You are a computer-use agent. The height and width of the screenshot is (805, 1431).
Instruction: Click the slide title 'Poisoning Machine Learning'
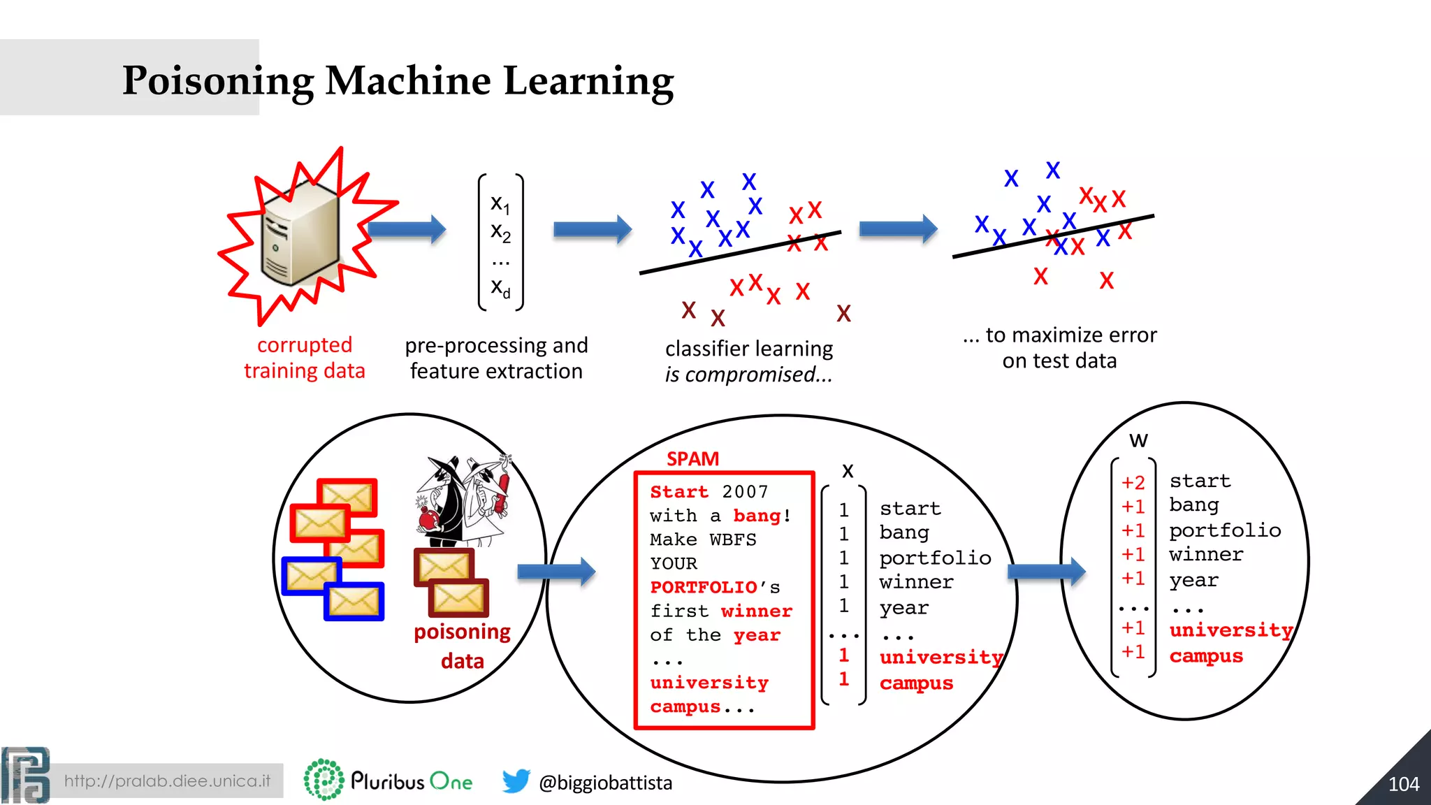[x=398, y=80]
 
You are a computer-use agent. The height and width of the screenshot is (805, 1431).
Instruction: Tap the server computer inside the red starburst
[x=300, y=234]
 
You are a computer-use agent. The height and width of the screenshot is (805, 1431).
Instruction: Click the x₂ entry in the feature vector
[x=500, y=232]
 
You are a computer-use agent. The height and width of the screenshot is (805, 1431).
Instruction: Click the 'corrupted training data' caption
[x=305, y=358]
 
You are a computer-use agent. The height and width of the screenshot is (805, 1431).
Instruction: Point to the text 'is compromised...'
[x=748, y=375]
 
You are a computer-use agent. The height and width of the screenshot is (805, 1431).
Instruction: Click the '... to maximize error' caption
[x=1060, y=335]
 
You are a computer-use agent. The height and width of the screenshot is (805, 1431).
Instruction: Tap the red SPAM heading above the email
[x=692, y=459]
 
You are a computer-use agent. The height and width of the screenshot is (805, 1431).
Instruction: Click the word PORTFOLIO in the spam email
[x=704, y=587]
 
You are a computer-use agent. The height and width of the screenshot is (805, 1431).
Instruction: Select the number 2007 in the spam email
[x=745, y=492]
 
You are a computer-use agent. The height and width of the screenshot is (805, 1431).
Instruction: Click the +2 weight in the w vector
[x=1133, y=483]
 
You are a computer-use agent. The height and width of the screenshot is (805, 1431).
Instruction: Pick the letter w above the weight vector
[x=1138, y=440]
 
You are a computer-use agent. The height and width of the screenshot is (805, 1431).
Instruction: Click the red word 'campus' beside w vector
[x=1206, y=656]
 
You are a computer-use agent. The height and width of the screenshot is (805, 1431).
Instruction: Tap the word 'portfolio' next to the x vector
[x=935, y=558]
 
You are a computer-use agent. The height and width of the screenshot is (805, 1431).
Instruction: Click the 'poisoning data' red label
[x=462, y=646]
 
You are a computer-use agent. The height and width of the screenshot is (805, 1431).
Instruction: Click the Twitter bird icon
[x=516, y=781]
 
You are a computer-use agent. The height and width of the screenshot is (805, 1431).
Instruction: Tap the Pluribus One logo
[x=388, y=780]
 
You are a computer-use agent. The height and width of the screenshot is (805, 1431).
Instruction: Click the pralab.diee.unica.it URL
[x=167, y=781]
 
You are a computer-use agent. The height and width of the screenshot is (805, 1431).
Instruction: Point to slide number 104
[x=1403, y=784]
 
